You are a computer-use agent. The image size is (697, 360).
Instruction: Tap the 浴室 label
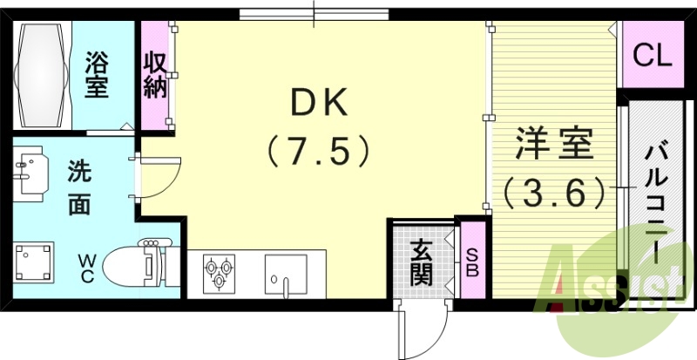pos(97,74)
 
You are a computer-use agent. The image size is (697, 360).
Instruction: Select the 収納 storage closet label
pos(156,76)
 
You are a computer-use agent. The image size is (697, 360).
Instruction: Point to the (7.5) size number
pos(319,152)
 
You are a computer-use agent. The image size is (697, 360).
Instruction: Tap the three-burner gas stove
pos(219,272)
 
